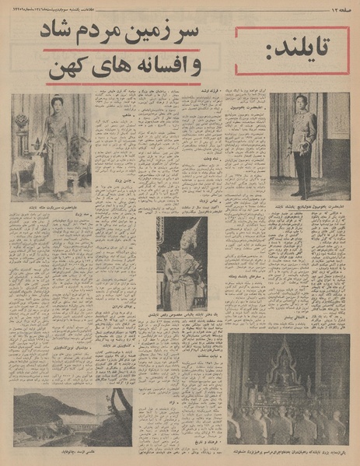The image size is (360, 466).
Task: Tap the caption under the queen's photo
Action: pos(51,208)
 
